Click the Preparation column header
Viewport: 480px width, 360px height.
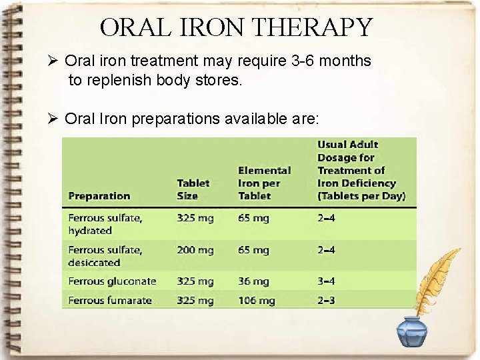(x=99, y=196)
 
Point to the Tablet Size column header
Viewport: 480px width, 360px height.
(x=193, y=189)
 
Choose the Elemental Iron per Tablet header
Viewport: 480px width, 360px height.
(x=264, y=183)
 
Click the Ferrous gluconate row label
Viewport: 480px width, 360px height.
(x=112, y=281)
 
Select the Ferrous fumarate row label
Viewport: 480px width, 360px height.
(x=109, y=301)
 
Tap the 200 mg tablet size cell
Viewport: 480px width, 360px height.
(x=195, y=250)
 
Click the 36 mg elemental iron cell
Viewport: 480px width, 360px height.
(x=253, y=281)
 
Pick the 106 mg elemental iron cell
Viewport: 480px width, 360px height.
(x=256, y=301)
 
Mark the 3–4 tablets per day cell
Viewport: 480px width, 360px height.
(x=327, y=281)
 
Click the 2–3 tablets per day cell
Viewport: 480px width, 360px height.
(x=327, y=301)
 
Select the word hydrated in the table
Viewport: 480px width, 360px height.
(x=89, y=231)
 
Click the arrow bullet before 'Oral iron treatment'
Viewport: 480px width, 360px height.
(x=55, y=61)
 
